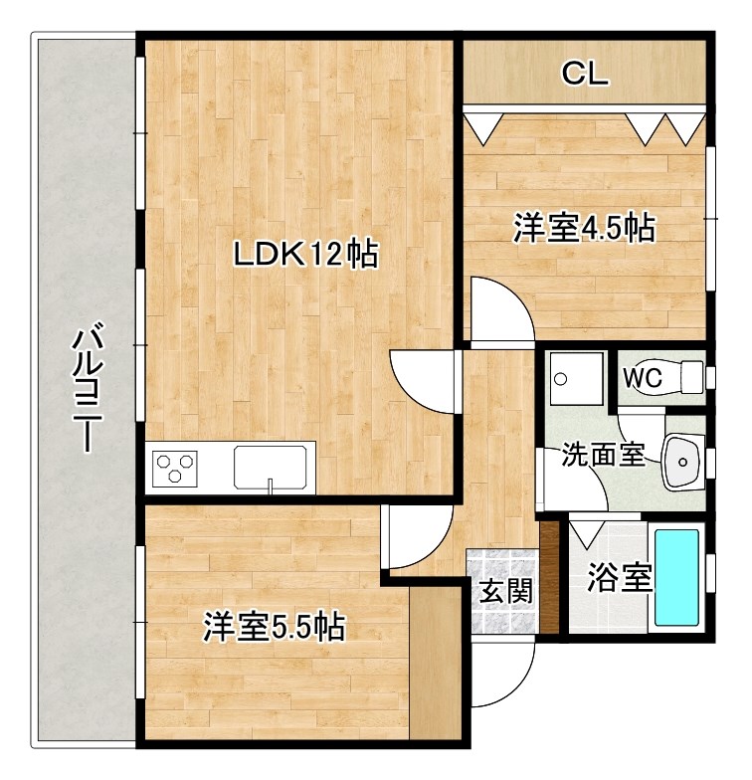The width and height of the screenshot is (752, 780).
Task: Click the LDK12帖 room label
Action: pos(304,256)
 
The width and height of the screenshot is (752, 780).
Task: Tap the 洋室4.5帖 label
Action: pos(583,228)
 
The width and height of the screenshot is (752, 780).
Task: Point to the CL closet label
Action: pos(584,73)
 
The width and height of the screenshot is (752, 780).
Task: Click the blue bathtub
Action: pos(677,577)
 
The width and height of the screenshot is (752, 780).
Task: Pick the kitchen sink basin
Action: pos(270,467)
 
